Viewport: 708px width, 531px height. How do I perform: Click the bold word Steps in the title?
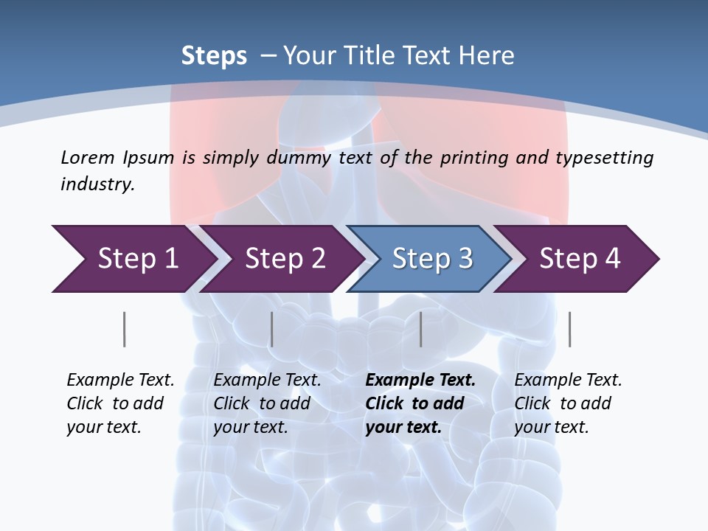point(214,56)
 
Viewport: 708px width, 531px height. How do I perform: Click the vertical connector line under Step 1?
point(124,329)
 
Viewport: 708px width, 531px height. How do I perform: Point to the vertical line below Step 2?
point(271,329)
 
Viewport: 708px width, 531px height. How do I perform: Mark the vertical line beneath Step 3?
point(420,329)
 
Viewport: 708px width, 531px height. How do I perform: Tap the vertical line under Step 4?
point(569,329)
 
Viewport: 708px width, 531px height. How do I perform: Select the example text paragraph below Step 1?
point(120,403)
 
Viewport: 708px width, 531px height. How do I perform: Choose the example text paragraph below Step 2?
point(267,403)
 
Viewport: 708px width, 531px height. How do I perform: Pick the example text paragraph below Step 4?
point(568,403)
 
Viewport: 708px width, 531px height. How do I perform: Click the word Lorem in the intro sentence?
point(88,157)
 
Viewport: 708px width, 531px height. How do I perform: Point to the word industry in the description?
point(97,184)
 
